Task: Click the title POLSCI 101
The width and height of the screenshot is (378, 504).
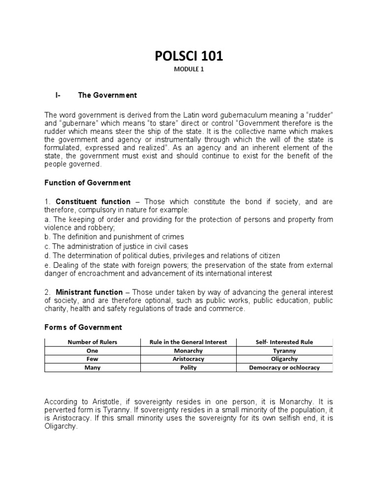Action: pos(189,56)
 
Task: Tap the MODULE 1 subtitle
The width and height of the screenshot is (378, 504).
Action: pos(189,69)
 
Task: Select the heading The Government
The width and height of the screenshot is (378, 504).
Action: pos(107,95)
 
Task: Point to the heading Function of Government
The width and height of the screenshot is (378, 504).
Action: pos(88,183)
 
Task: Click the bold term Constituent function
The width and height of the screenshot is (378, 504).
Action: pos(93,201)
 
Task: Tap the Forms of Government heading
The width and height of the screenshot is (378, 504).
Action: pos(83,327)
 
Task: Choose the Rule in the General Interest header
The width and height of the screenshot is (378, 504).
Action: pos(189,342)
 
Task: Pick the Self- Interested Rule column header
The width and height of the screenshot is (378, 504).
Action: pos(284,342)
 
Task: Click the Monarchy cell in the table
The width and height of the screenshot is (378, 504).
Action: pos(189,351)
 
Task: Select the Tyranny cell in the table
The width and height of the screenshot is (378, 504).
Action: pos(284,351)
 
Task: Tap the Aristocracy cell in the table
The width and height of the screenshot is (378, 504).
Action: pos(189,359)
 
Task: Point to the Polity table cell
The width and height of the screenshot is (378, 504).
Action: pos(189,368)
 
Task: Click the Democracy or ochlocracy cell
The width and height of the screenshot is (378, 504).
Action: pos(284,368)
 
